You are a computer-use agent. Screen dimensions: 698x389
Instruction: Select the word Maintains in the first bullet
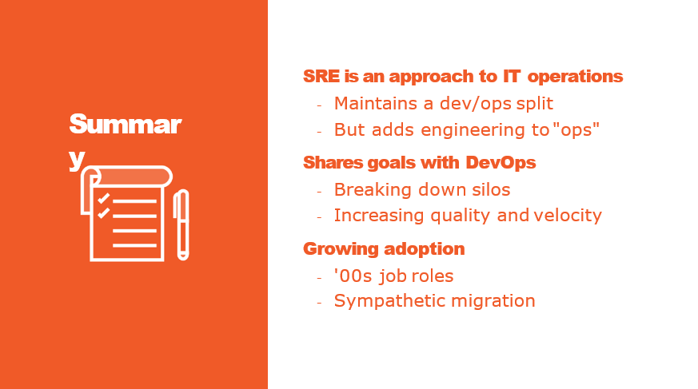coord(376,103)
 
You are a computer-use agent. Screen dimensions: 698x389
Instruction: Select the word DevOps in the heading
coord(501,163)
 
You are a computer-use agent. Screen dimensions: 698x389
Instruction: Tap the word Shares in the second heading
coord(333,163)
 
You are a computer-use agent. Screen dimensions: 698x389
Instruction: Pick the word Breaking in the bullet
coord(373,190)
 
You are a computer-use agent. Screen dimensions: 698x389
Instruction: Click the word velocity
coord(568,216)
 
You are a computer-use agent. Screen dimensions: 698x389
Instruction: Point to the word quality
coord(461,216)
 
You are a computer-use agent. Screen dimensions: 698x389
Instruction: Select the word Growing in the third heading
coord(339,249)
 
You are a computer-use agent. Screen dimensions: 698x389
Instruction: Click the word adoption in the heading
coord(425,249)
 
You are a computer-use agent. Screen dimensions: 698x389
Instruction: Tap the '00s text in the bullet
coord(353,276)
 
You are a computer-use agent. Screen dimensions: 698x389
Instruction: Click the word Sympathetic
coord(389,301)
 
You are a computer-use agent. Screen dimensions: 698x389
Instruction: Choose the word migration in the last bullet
coord(493,301)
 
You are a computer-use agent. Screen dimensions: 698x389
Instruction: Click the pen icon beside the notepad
coord(181,224)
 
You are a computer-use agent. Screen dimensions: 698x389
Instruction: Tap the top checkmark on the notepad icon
coord(104,198)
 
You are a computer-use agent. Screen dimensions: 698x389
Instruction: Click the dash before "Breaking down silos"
coord(319,192)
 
